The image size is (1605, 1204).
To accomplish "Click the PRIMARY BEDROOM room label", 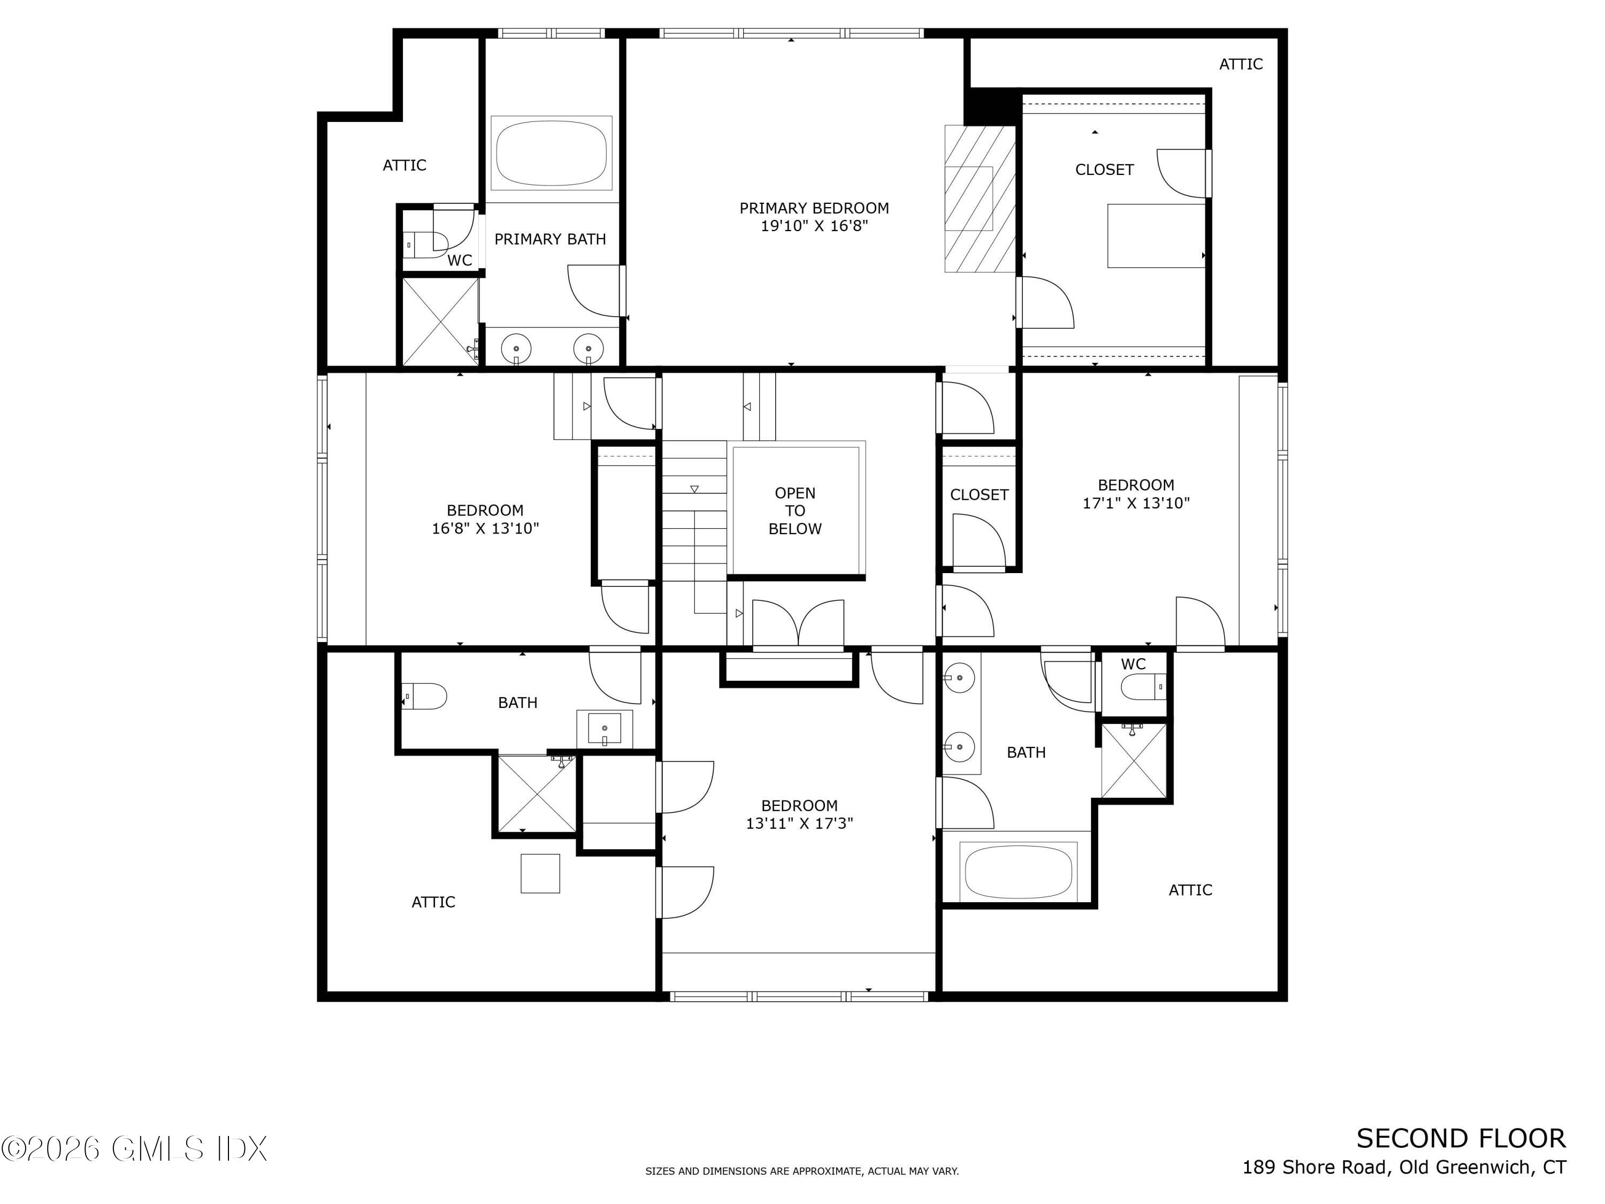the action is pos(814,208).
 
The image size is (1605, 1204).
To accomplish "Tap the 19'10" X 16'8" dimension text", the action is pos(814,226).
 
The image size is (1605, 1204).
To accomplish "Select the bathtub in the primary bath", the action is pos(552,153).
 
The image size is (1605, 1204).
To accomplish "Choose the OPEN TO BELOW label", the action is pos(795,511).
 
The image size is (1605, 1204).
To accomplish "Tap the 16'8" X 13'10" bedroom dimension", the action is pos(485,528).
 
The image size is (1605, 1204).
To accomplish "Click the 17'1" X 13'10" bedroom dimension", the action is pos(1136,503).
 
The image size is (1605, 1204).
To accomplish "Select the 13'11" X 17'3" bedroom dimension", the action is pos(800,824).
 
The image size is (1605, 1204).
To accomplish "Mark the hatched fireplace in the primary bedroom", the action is pos(980,199).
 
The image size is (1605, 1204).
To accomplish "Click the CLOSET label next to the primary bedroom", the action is pos(1104,170).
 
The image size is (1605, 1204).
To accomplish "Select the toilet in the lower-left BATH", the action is pos(424,696).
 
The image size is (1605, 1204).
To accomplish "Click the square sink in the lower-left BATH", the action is pos(605,729).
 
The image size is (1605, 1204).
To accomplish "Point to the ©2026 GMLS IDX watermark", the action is pos(134,1149).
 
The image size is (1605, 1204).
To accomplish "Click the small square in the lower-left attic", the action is pos(540,873).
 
